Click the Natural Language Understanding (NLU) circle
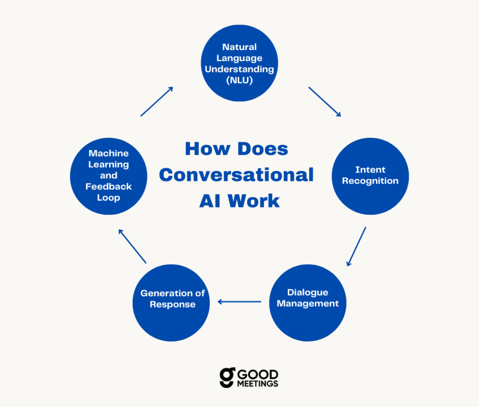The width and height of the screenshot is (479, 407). pyautogui.click(x=239, y=63)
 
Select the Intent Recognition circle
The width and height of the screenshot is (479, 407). pyautogui.click(x=370, y=176)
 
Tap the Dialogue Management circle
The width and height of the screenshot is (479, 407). pyautogui.click(x=308, y=302)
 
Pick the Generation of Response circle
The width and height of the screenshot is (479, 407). pyautogui.click(x=171, y=302)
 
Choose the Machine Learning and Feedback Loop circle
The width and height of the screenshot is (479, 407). pyautogui.click(x=109, y=176)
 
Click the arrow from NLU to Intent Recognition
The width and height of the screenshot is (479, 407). pyautogui.click(x=325, y=101)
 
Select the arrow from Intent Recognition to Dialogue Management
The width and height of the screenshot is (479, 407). pyautogui.click(x=356, y=246)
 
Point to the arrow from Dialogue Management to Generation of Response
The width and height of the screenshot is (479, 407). pyautogui.click(x=239, y=302)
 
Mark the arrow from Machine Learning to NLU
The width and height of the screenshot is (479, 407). pyautogui.click(x=157, y=101)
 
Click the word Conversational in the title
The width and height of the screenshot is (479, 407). pyautogui.click(x=236, y=175)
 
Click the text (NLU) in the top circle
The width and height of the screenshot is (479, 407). pyautogui.click(x=239, y=80)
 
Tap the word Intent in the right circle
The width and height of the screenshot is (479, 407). pyautogui.click(x=370, y=170)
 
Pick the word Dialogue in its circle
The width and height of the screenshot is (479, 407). pyautogui.click(x=308, y=293)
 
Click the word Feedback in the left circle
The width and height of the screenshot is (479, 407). pyautogui.click(x=109, y=186)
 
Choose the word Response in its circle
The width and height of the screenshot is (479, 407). pyautogui.click(x=173, y=304)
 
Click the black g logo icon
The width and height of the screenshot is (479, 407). pyautogui.click(x=227, y=378)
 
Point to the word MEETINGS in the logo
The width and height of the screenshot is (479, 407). pyautogui.click(x=258, y=383)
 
